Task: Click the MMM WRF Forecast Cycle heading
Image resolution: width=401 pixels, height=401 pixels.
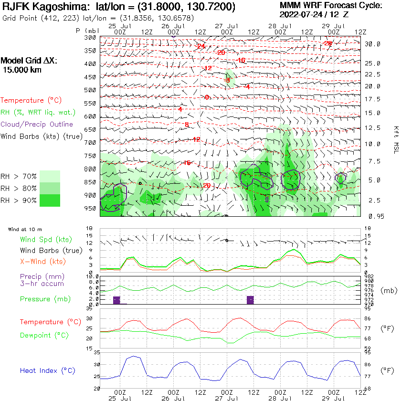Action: [331, 6]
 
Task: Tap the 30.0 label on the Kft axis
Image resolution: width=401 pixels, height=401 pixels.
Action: [372, 44]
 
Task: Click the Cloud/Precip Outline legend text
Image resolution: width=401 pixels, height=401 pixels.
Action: [37, 124]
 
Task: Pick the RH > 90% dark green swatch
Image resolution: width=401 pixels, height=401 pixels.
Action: [50, 200]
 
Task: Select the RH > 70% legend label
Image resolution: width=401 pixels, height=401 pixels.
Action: [19, 175]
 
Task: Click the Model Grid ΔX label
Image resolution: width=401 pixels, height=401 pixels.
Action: [29, 61]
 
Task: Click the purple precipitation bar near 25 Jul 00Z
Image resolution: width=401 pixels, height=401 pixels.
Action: [116, 300]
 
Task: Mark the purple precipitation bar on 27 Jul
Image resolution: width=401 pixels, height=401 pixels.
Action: [250, 299]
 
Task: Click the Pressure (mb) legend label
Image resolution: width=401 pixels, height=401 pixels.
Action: [45, 299]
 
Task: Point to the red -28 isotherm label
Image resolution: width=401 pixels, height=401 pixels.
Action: [327, 43]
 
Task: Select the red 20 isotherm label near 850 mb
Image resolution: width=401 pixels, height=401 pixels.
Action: [207, 186]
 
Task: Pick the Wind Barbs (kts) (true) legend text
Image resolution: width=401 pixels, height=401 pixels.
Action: [41, 136]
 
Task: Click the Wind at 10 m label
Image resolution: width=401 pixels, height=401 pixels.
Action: [25, 230]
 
